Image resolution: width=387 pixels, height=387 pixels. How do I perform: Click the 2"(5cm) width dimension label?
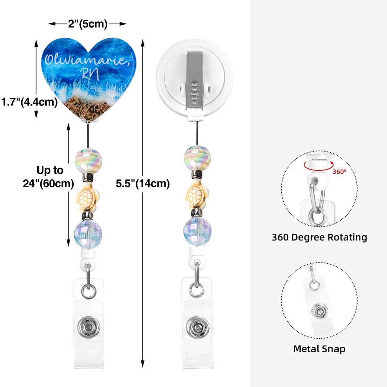[x=88, y=24]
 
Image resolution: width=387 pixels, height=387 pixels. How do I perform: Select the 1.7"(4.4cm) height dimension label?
[x=29, y=102]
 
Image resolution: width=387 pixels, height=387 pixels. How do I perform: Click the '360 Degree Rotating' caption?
[x=319, y=237]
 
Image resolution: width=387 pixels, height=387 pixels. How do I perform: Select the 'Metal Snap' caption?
[x=319, y=349]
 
